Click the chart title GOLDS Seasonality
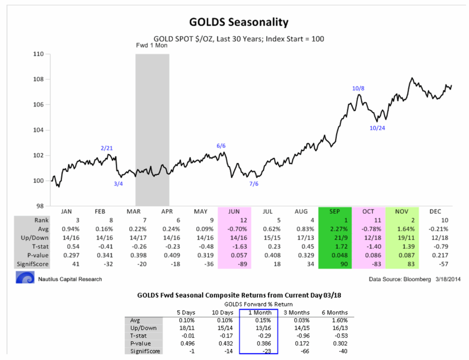click(x=239, y=22)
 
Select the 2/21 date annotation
click(x=106, y=148)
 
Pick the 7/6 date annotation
click(x=254, y=184)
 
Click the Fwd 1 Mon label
click(x=152, y=46)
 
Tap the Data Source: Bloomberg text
click(x=391, y=278)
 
